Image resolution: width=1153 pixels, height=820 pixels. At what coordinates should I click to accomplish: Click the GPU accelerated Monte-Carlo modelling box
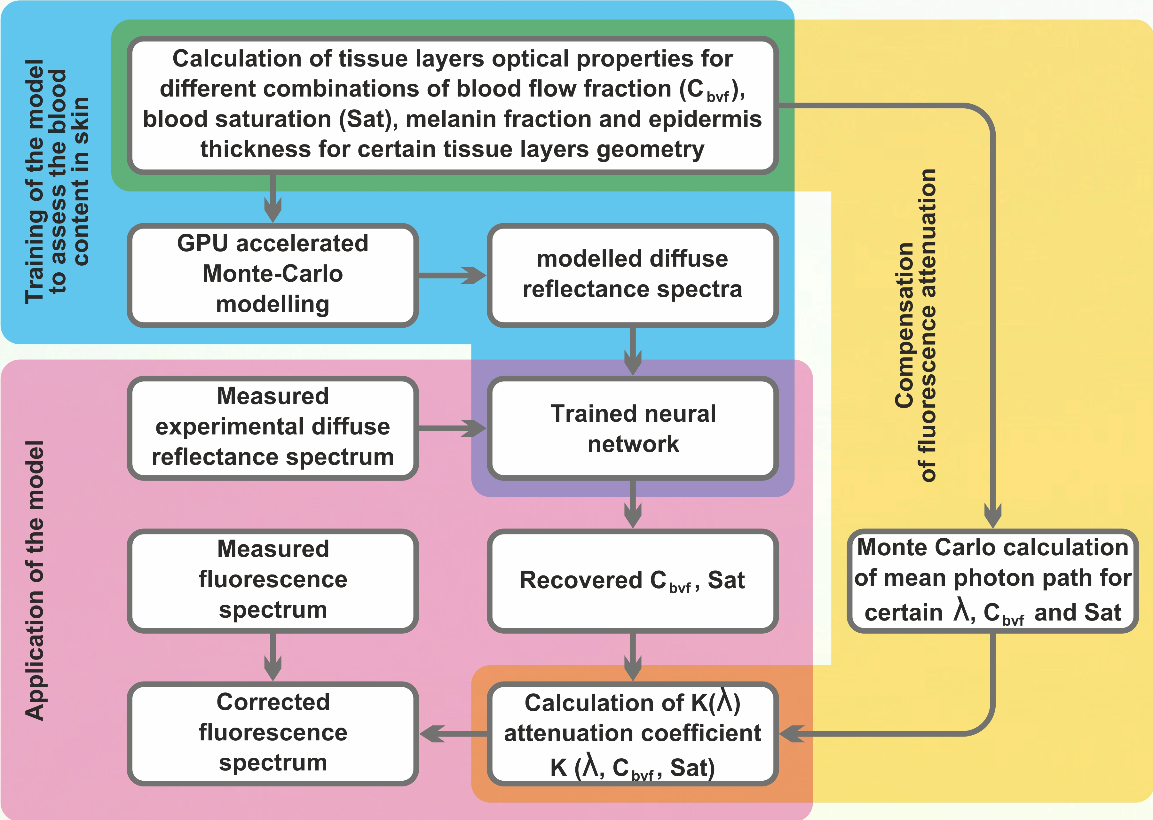coord(273,275)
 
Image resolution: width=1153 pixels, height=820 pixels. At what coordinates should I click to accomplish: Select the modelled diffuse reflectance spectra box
coord(632,275)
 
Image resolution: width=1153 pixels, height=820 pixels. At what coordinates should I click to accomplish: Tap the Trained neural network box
coord(632,428)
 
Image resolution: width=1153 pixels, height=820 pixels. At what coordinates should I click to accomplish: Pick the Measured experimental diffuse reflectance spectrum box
coord(273,428)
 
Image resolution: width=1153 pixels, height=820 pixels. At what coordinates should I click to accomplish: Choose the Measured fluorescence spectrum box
coord(273,581)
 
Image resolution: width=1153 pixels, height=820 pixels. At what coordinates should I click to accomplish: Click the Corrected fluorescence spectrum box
coord(273,733)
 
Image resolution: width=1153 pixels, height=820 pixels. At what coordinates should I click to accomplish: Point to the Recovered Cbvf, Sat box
coord(632,581)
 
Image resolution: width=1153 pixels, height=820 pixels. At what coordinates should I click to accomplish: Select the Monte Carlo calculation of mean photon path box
coord(992,581)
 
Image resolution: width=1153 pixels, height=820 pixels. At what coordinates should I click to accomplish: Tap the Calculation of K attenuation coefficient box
coord(632,733)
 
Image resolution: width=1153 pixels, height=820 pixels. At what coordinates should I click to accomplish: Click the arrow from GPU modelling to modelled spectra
coord(452,275)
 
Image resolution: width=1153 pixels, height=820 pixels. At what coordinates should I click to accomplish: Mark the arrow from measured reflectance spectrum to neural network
coord(452,428)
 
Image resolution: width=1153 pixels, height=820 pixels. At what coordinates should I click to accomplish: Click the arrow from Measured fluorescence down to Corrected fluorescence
coord(273,656)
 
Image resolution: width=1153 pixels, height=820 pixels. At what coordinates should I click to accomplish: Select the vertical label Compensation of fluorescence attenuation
coord(915,326)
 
